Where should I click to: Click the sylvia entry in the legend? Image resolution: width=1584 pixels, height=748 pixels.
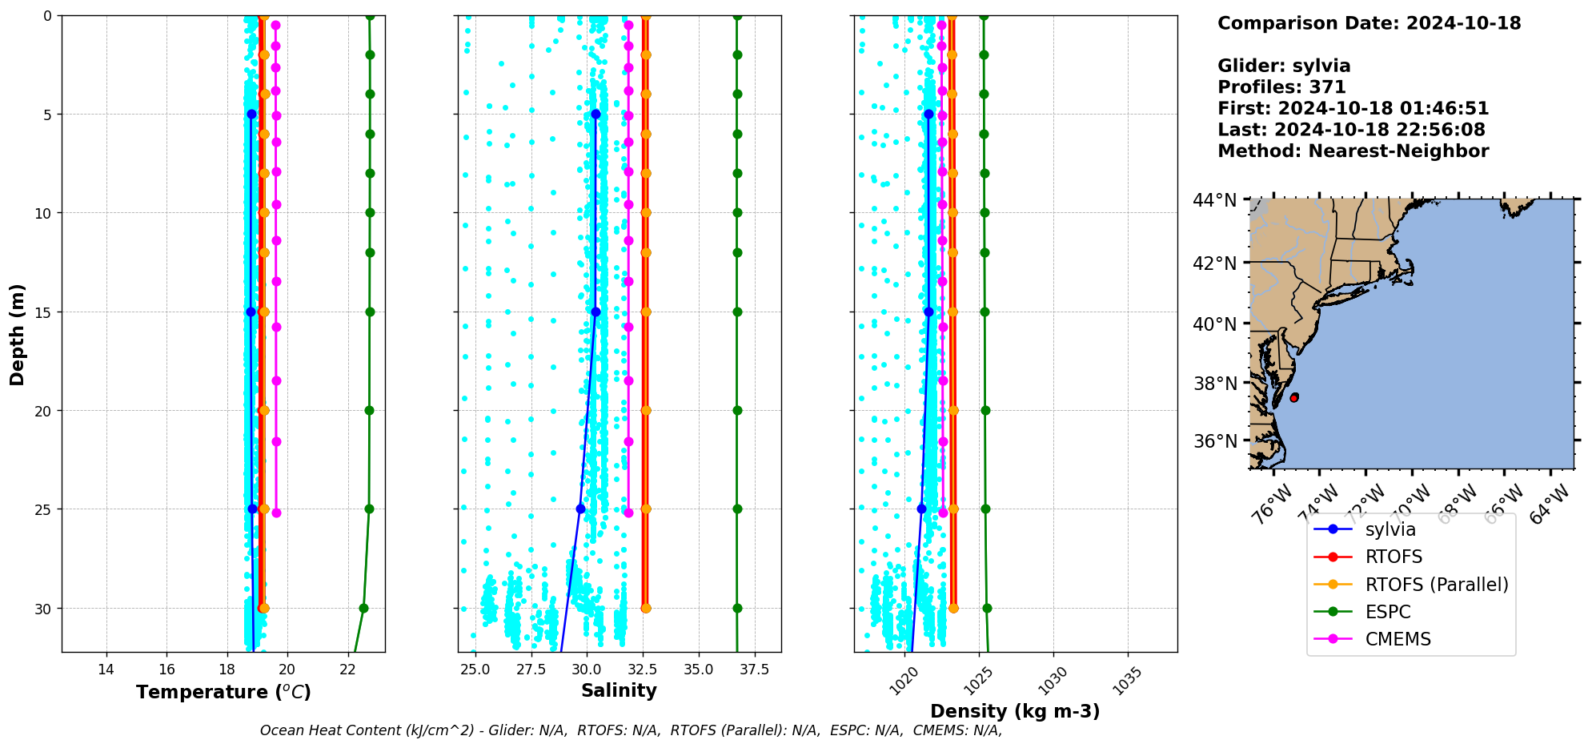click(1390, 529)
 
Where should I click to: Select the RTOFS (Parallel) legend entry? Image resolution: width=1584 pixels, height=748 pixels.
click(1436, 585)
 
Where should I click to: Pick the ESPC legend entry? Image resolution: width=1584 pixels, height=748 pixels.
click(1387, 612)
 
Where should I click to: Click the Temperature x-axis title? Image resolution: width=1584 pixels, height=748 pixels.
click(223, 692)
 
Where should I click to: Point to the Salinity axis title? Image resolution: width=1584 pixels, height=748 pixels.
click(619, 690)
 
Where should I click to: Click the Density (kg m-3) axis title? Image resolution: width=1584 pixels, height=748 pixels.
click(1015, 711)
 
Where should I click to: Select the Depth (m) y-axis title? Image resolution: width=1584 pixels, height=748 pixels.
click(18, 334)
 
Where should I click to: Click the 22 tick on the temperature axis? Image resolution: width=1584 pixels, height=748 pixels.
click(347, 670)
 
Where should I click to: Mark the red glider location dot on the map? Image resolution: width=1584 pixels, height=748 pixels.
click(1294, 397)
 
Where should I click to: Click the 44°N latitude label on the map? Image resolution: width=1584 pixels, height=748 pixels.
click(1214, 200)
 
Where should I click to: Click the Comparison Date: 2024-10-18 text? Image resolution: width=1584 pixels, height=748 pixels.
click(1369, 23)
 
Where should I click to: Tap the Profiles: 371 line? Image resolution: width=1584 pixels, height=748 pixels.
click(1281, 87)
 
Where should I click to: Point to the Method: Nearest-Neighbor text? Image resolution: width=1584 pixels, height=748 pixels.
click(1353, 151)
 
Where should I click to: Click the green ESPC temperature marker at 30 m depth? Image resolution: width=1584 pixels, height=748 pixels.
click(363, 609)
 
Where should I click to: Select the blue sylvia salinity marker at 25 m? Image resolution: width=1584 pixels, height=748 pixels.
click(580, 509)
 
